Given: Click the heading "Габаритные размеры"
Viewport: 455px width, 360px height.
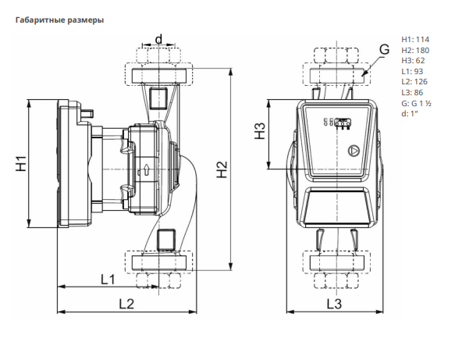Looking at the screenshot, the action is point(59,20).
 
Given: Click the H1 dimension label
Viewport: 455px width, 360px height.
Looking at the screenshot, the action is point(21,163).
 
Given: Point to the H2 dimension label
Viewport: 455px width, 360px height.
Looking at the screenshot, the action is point(222,169).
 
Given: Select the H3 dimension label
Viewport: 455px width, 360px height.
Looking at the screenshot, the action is point(260,131).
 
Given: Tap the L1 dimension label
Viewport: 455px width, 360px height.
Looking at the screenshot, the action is point(108,280).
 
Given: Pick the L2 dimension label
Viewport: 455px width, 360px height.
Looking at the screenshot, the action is point(126,304).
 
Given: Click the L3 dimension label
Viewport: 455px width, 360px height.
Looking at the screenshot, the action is point(334,304).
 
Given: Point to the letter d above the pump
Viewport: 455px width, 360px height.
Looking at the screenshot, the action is point(158,39).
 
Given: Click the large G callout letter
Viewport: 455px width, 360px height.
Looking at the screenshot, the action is point(385,49).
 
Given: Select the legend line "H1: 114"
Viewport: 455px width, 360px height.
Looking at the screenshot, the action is point(415,40).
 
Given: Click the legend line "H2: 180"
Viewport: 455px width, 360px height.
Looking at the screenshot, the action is point(415,50).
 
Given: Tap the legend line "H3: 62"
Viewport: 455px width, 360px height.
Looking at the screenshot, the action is point(413,61).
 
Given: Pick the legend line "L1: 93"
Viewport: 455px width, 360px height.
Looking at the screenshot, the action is point(412,71).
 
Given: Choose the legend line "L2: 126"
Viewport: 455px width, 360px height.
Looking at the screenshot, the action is point(414,82).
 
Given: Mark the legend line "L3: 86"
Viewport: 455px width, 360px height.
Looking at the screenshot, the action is point(412,93).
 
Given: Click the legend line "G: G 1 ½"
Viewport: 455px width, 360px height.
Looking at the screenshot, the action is point(417,103).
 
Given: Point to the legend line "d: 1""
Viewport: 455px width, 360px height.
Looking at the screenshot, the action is point(410,113).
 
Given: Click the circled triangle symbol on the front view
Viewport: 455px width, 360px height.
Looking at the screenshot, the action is point(354,151).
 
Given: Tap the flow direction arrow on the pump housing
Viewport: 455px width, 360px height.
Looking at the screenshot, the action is point(147,170).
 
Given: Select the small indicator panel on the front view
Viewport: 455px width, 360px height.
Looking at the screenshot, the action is point(343,123).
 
